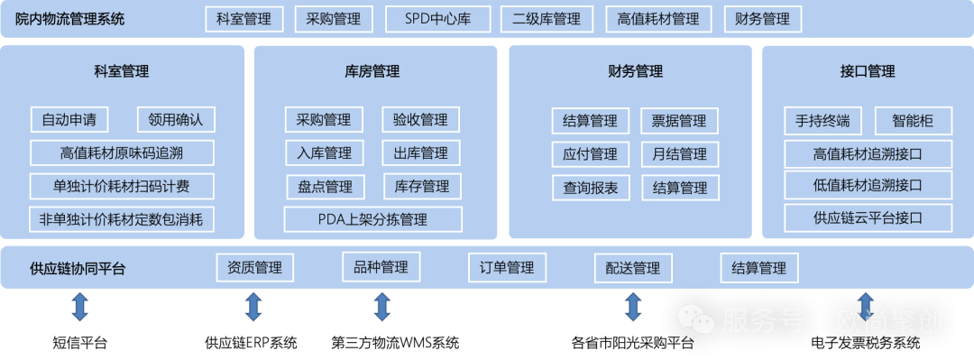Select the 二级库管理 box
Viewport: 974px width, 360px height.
(x=547, y=19)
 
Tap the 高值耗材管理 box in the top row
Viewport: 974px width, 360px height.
(x=658, y=19)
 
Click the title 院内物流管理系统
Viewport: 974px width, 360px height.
(x=70, y=19)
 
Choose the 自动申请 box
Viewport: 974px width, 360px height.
(x=69, y=119)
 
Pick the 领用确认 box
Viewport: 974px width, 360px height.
(x=176, y=119)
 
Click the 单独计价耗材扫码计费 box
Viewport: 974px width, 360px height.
(x=122, y=186)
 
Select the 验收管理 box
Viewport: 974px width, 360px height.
(x=420, y=119)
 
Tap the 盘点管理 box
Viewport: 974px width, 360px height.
(x=325, y=187)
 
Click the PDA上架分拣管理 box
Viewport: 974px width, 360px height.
(x=372, y=219)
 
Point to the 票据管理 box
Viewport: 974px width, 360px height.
(x=679, y=121)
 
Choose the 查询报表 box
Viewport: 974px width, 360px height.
(x=590, y=188)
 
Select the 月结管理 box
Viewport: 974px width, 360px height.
(x=679, y=154)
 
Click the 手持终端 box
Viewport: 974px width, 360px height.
(x=822, y=120)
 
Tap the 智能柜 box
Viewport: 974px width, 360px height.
(x=913, y=120)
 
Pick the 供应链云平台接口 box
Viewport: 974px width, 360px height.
(x=868, y=217)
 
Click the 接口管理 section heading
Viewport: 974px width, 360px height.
(x=867, y=71)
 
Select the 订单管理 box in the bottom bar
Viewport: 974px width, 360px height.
(x=507, y=268)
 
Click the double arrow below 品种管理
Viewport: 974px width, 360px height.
(x=382, y=306)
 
